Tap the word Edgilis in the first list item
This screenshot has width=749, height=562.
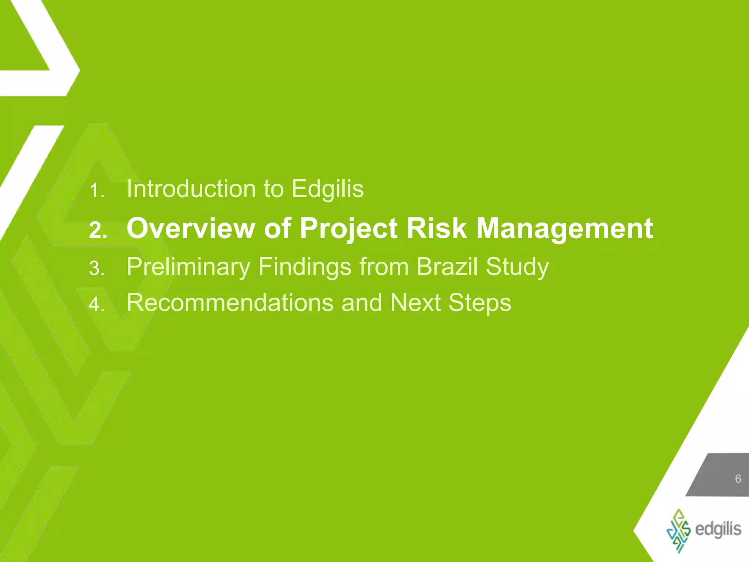click(x=327, y=189)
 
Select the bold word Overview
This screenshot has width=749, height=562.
click(x=190, y=228)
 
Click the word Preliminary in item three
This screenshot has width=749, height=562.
click(x=188, y=267)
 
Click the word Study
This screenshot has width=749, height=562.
click(x=517, y=267)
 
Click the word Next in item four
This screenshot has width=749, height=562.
click(x=415, y=303)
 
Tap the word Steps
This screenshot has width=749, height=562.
click(x=480, y=303)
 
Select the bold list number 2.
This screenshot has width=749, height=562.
click(x=98, y=231)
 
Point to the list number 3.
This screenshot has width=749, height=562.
click(x=97, y=269)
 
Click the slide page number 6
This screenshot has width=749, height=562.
click(x=738, y=479)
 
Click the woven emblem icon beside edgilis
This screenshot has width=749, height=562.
click(x=679, y=530)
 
